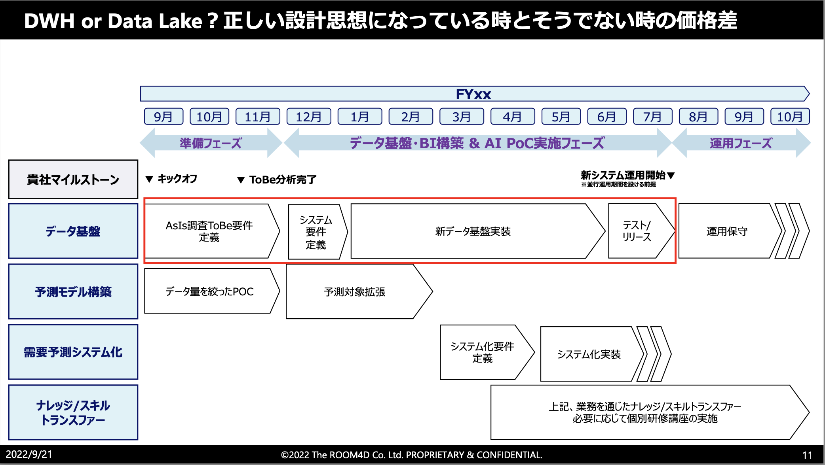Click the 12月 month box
(x=308, y=117)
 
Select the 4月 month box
(x=512, y=117)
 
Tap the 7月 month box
(x=652, y=117)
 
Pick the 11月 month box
(x=258, y=117)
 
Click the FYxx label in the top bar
(x=473, y=94)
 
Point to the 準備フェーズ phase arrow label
(x=211, y=143)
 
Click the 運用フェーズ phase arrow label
(x=741, y=143)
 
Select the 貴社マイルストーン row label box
(x=73, y=180)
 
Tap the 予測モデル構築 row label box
(x=73, y=292)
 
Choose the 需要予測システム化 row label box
(x=73, y=352)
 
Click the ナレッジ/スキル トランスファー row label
(x=73, y=412)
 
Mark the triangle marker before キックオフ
(x=149, y=179)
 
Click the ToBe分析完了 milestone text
(x=283, y=180)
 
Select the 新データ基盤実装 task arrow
(x=473, y=231)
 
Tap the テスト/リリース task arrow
(x=637, y=231)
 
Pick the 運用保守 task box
(x=727, y=231)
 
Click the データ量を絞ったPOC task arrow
(x=209, y=291)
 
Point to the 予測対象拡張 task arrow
(x=355, y=292)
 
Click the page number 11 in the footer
(x=807, y=455)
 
